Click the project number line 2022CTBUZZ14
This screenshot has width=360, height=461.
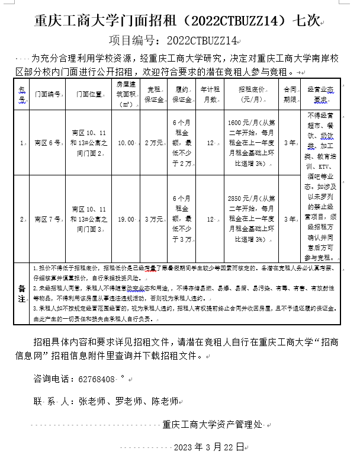[x=173, y=40]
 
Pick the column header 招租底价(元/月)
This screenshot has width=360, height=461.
[x=251, y=94]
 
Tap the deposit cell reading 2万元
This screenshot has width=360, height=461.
[x=153, y=143]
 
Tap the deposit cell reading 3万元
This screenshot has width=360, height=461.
[x=153, y=219]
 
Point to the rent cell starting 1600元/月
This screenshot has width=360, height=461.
[x=251, y=143]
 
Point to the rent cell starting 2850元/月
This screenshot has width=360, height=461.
[x=251, y=219]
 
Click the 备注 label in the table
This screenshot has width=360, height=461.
[x=22, y=293]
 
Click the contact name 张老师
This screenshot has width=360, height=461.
[x=91, y=401]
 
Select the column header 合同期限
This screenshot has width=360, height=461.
[x=290, y=94]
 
